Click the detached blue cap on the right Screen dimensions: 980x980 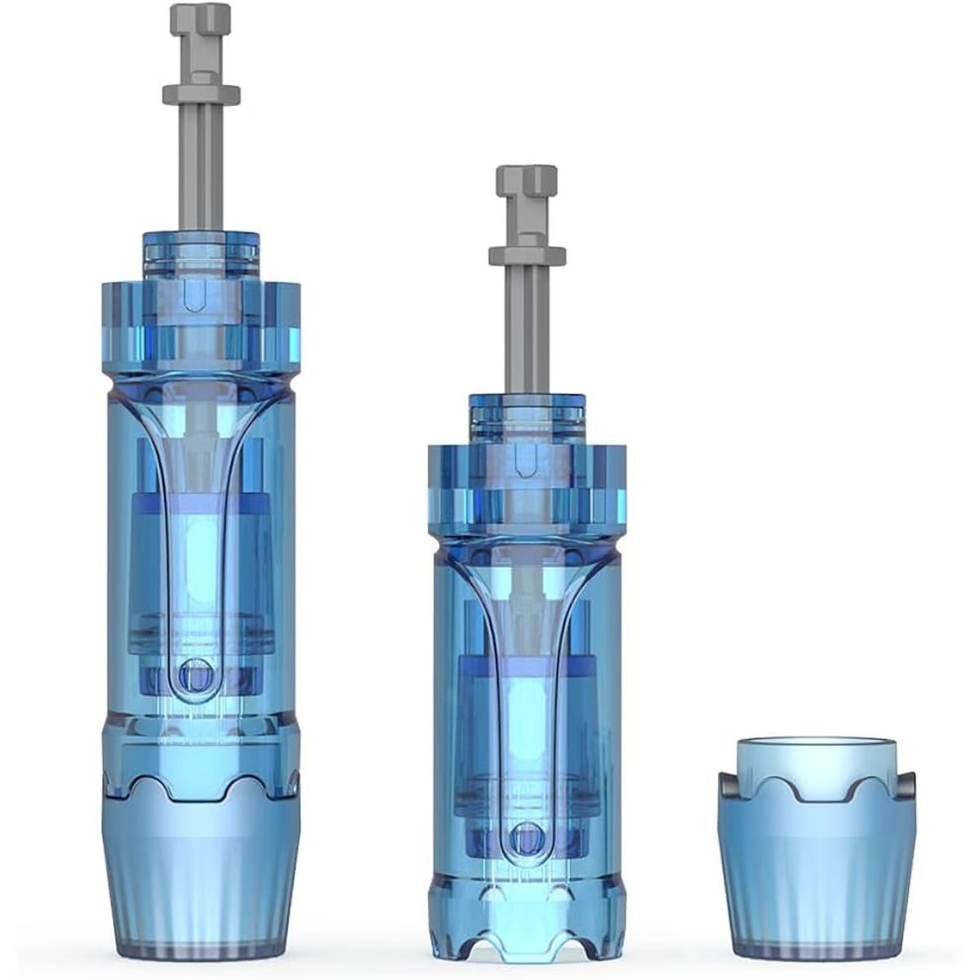(x=816, y=841)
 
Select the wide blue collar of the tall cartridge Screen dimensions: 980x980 (x=201, y=318)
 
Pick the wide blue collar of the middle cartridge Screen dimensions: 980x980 (x=527, y=482)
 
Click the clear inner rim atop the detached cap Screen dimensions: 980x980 (x=816, y=755)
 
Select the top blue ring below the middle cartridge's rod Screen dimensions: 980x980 (x=527, y=412)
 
